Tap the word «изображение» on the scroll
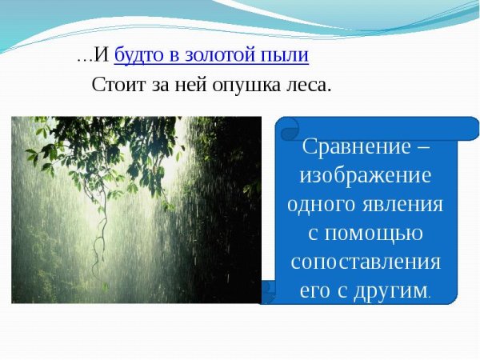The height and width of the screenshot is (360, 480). click(x=366, y=176)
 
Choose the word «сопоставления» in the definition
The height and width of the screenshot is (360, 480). click(x=366, y=262)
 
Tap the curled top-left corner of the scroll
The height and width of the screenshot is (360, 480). click(x=286, y=126)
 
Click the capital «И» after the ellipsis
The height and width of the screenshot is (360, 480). click(x=102, y=55)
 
